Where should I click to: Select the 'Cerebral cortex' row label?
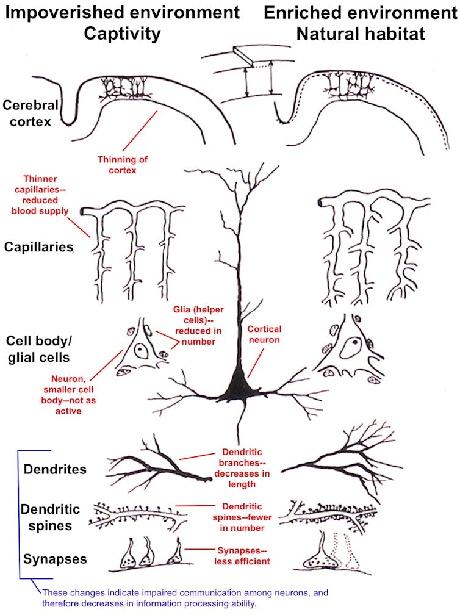coord(31,113)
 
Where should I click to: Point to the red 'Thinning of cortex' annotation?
coord(123,165)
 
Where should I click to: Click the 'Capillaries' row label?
coord(39,247)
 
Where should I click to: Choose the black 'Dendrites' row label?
coord(55,469)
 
